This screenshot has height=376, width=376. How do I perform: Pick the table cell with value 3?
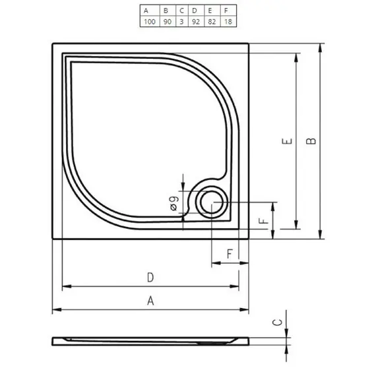181,22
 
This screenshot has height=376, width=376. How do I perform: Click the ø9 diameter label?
173,204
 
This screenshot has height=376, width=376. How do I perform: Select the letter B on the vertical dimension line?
312,141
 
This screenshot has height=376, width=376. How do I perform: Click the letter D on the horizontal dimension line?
150,277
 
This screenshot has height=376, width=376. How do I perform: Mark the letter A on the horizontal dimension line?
150,301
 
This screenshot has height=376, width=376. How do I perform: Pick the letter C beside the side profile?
278,323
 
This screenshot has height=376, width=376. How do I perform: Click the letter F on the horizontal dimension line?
230,253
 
